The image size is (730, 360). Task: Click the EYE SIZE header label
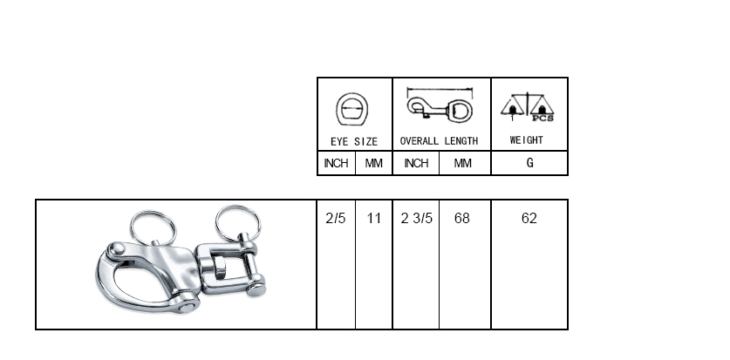point(354,141)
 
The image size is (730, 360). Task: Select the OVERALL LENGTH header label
point(439,141)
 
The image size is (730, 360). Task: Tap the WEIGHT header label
point(526,140)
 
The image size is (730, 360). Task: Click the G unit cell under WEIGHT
point(529,163)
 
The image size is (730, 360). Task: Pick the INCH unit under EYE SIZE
point(336,163)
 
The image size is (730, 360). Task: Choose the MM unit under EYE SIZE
point(373,163)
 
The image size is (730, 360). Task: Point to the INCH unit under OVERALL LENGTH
point(416,163)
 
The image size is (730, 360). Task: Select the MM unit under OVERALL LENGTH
point(462,163)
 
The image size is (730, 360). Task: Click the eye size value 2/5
point(336,218)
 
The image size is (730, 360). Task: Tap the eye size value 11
point(373,218)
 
